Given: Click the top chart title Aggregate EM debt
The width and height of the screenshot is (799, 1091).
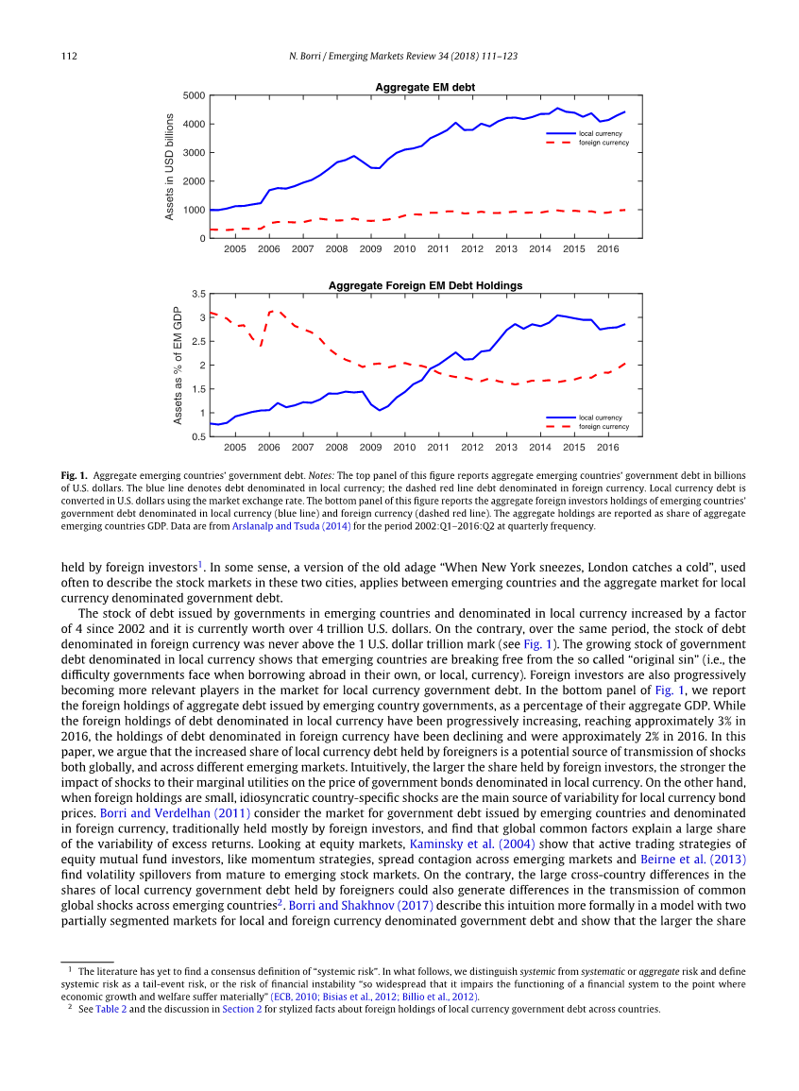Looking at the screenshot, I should (425, 87).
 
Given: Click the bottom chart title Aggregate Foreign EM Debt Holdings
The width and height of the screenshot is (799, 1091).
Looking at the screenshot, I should (425, 285).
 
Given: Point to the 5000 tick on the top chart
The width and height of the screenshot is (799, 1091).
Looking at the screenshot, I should (195, 95).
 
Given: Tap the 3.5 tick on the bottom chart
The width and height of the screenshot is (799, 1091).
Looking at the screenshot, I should (198, 294).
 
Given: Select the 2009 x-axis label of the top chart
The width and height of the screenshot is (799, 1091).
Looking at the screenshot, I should (370, 248).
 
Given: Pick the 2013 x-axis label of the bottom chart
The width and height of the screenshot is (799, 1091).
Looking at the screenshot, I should (506, 447).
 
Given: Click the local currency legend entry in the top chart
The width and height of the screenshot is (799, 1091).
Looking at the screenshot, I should (600, 133).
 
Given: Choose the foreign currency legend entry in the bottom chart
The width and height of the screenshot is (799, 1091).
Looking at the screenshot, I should (603, 426).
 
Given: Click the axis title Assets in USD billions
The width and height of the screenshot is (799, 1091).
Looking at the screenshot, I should (170, 167).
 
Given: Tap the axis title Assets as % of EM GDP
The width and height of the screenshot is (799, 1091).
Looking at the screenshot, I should (177, 365).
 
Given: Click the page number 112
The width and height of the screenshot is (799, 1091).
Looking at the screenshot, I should (69, 57).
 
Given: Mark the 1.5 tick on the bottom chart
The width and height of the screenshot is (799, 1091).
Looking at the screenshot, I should (198, 389).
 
